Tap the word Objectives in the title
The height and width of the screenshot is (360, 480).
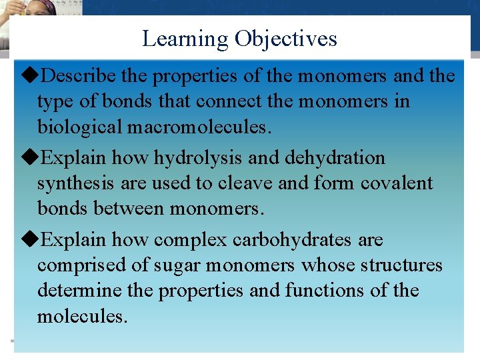[x=285, y=39]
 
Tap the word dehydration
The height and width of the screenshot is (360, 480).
[x=335, y=158]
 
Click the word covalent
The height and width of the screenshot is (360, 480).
[x=397, y=183]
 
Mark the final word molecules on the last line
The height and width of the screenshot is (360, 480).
[x=81, y=316]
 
